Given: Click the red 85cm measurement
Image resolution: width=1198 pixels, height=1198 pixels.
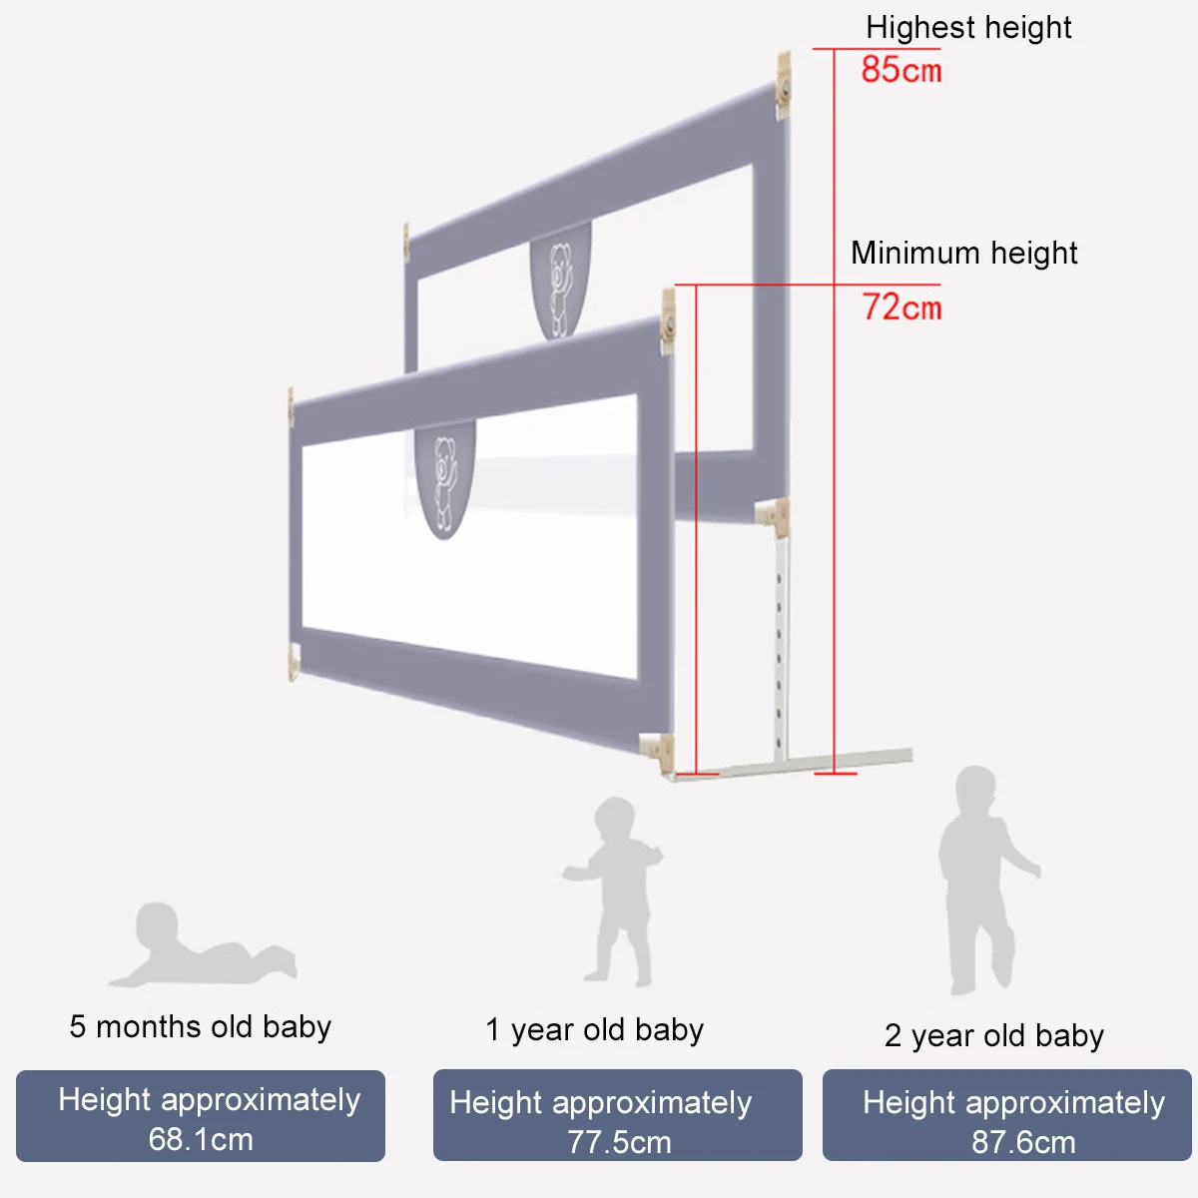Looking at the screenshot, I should tap(900, 70).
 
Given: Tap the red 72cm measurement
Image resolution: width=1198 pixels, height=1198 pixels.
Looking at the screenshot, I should tap(901, 306).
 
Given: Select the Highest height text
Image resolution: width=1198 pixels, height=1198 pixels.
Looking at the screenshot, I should tap(968, 27).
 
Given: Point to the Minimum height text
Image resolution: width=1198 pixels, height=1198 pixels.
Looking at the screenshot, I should tap(963, 253).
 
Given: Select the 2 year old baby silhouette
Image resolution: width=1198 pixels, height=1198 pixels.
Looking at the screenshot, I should tap(983, 879).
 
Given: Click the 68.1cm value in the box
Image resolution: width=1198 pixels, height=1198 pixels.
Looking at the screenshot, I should tap(201, 1139).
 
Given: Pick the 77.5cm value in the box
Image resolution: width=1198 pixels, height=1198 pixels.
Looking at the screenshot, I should tap(619, 1142).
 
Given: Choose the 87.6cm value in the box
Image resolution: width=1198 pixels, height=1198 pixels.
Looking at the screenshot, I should tap(1023, 1142).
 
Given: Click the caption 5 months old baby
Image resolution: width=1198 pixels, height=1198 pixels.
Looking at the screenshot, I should tap(200, 1026).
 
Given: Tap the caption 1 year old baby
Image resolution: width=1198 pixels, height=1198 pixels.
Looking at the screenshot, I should tap(594, 1029).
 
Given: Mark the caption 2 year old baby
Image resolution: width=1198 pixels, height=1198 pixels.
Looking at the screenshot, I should tap(993, 1035).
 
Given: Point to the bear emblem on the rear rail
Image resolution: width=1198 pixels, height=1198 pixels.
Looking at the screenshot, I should tap(560, 285).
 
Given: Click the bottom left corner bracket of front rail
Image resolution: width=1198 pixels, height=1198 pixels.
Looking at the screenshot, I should tap(295, 662).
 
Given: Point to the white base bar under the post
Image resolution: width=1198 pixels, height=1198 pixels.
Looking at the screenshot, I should tap(799, 763).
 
